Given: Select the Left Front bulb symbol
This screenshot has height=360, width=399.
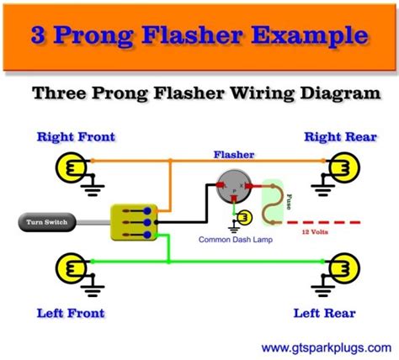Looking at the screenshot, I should [68, 269].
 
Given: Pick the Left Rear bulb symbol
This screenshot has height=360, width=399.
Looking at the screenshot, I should [343, 269].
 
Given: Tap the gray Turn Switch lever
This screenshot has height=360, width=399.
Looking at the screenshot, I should [51, 223].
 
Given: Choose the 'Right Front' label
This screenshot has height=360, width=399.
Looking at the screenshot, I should [76, 136].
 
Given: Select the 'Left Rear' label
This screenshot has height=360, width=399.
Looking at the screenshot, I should [323, 314].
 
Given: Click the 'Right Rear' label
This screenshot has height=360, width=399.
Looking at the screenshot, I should [341, 136].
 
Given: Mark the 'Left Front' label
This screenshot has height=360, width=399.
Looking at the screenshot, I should [71, 314].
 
